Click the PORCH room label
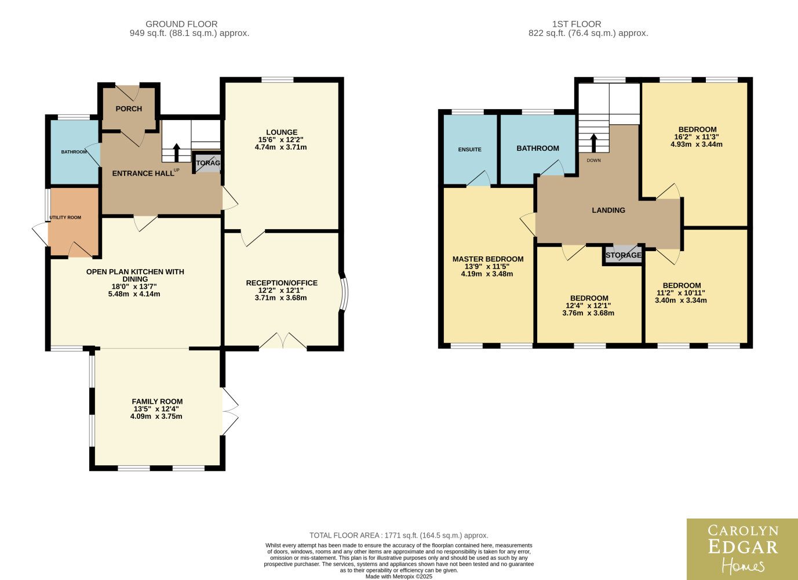pyautogui.click(x=129, y=108)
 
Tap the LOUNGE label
pyautogui.click(x=282, y=132)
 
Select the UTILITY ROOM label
pyautogui.click(x=65, y=217)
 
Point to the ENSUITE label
pyautogui.click(x=469, y=150)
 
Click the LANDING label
pyautogui.click(x=608, y=211)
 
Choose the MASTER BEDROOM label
pyautogui.click(x=488, y=259)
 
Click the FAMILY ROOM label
pyautogui.click(x=157, y=401)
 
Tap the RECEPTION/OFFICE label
pyautogui.click(x=282, y=283)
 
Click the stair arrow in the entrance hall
pyautogui.click(x=176, y=153)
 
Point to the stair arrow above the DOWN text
pyautogui.click(x=593, y=143)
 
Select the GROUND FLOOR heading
pyautogui.click(x=181, y=24)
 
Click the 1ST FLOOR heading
pyautogui.click(x=577, y=24)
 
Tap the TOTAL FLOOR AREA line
pyautogui.click(x=399, y=535)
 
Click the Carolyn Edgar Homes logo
pyautogui.click(x=742, y=549)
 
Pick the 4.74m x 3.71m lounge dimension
pyautogui.click(x=280, y=147)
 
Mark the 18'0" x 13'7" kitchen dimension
pyautogui.click(x=135, y=287)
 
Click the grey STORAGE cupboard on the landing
pyautogui.click(x=624, y=255)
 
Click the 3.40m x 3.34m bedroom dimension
pyautogui.click(x=681, y=300)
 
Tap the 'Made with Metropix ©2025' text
pyautogui.click(x=399, y=577)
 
